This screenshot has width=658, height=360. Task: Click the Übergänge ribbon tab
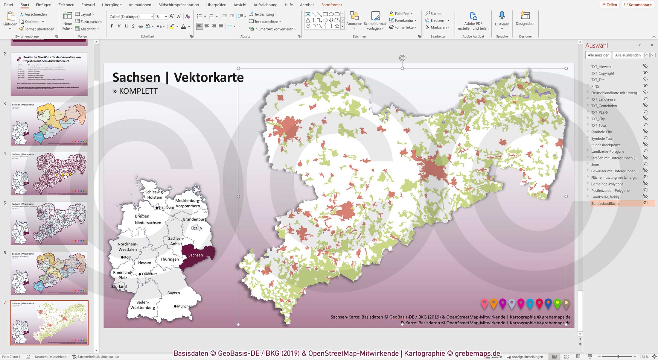pos(112,5)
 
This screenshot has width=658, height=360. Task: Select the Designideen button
pos(525,19)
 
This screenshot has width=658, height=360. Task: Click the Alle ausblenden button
pos(627,55)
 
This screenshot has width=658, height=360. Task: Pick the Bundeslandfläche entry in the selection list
pos(605,203)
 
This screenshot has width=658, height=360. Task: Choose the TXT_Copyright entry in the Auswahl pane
pos(602,73)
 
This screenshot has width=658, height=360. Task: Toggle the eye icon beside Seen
pos(645,164)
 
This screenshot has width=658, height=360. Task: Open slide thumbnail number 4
pos(49,174)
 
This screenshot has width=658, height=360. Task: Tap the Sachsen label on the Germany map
pos(195,255)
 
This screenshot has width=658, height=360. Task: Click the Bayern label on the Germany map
pos(173,293)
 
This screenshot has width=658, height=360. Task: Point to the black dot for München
pos(175,306)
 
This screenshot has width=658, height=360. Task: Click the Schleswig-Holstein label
pos(154,195)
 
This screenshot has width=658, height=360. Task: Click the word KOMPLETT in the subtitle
pos(138,91)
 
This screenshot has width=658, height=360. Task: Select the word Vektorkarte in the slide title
pos(208,77)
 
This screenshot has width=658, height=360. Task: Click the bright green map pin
pos(557,303)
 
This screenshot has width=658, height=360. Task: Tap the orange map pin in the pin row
pos(493,303)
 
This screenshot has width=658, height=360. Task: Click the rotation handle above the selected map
pos(402,58)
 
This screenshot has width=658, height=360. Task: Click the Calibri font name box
pos(129,17)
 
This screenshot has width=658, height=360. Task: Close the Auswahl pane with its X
pos(652,45)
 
